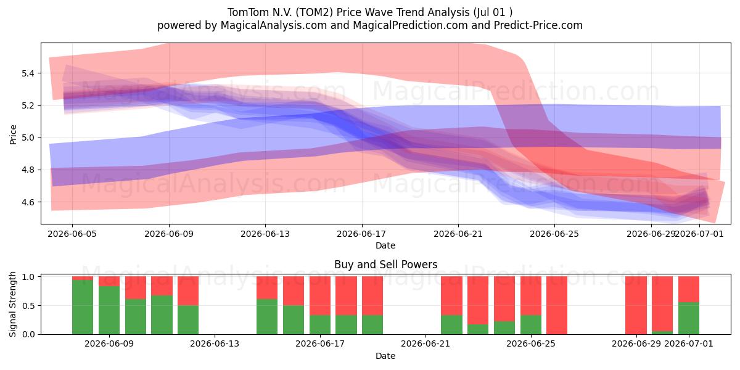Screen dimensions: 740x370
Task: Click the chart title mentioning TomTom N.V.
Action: point(369,12)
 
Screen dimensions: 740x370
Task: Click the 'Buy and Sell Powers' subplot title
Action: point(385,265)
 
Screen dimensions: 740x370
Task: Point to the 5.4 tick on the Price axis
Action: point(28,73)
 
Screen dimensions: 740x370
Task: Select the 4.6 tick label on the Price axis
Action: point(28,202)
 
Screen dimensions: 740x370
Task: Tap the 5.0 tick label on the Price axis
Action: point(28,138)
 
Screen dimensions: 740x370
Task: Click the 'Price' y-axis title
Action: point(13,134)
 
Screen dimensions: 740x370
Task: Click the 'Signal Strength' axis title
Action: point(12,304)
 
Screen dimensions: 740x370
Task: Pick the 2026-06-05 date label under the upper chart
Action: point(72,234)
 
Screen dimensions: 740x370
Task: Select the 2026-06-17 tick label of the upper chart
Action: point(361,234)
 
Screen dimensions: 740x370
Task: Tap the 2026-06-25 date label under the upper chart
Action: point(554,234)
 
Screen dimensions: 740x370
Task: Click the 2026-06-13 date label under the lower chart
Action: point(215,344)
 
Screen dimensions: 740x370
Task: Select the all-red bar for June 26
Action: point(557,305)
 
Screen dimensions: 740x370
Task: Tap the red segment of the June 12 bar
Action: point(188,290)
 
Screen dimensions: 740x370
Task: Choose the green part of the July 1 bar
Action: point(688,318)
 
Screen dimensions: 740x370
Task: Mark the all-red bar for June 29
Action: point(636,305)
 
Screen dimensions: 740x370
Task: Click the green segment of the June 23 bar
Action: point(478,329)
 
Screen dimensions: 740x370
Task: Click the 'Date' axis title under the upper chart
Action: point(385,245)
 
